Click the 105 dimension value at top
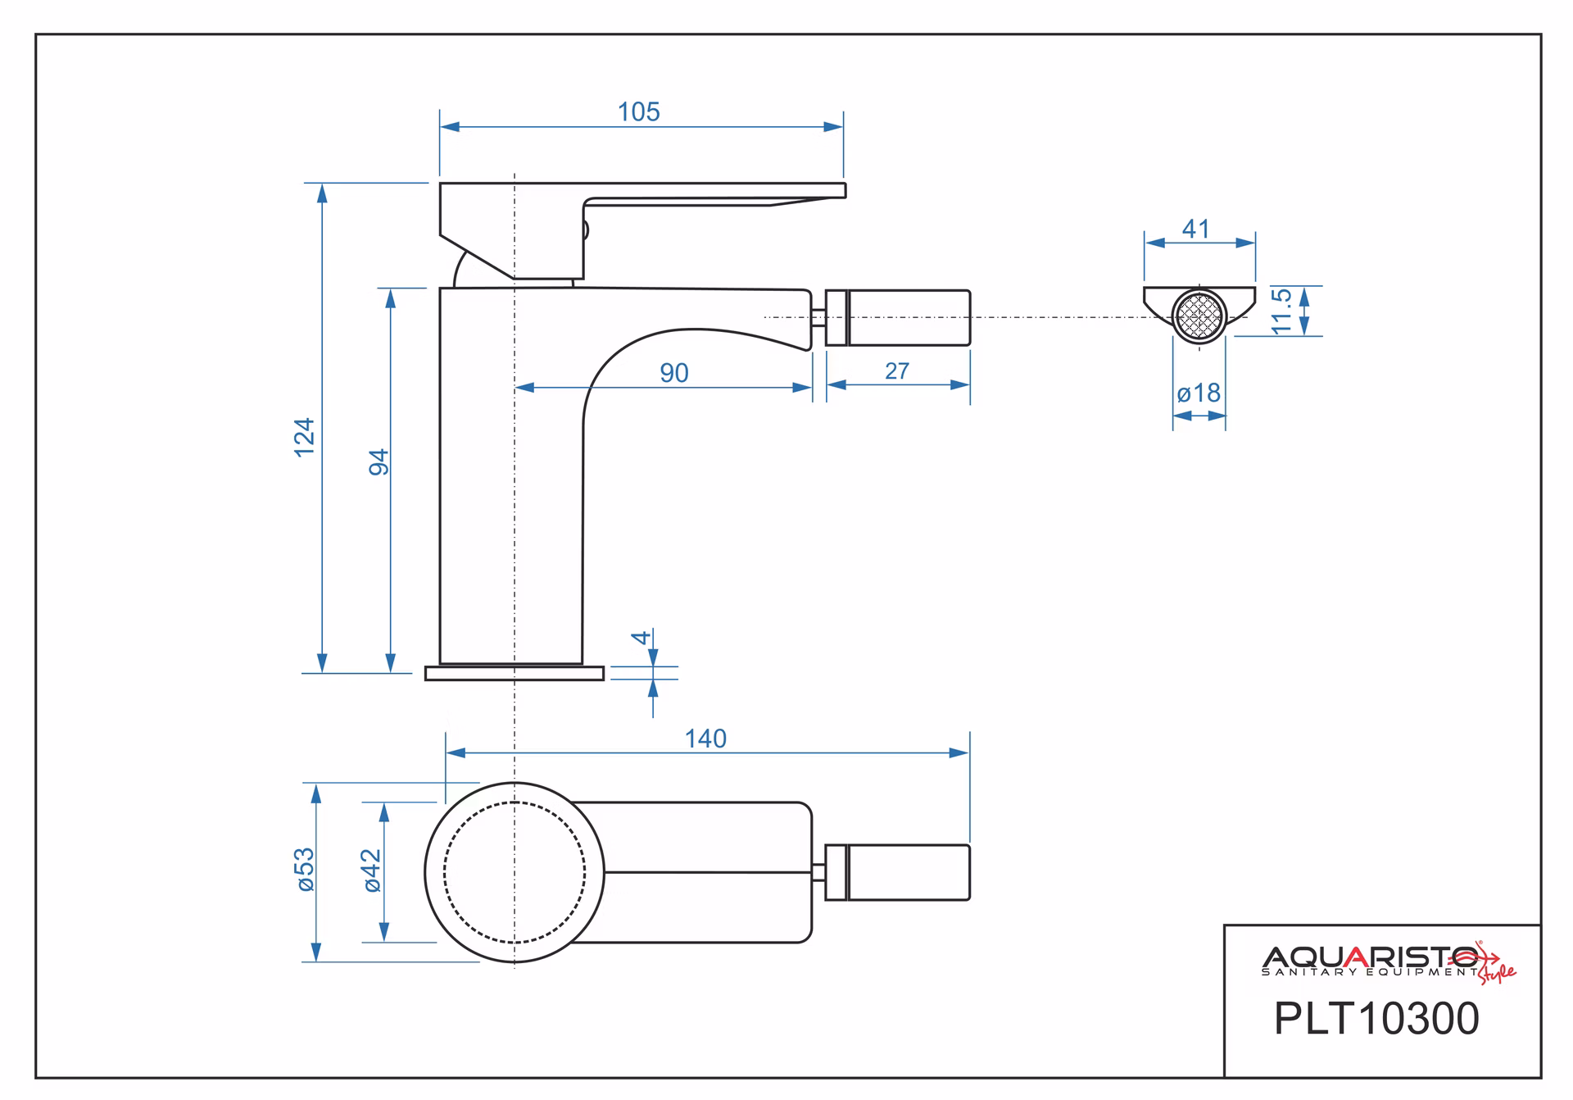click(638, 111)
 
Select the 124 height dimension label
click(304, 438)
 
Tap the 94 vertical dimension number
click(379, 462)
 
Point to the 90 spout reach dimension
click(674, 373)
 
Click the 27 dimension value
click(897, 371)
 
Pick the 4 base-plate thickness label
click(641, 637)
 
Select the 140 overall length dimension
click(705, 739)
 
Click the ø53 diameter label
click(304, 870)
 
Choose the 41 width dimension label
click(1195, 229)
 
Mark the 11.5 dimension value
click(1281, 311)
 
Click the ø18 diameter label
click(1199, 393)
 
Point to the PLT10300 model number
click(1376, 1019)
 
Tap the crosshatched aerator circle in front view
click(1199, 315)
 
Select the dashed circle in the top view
click(515, 872)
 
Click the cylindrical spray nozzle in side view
click(898, 317)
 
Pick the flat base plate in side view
click(515, 673)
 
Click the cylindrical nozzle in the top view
click(898, 872)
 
